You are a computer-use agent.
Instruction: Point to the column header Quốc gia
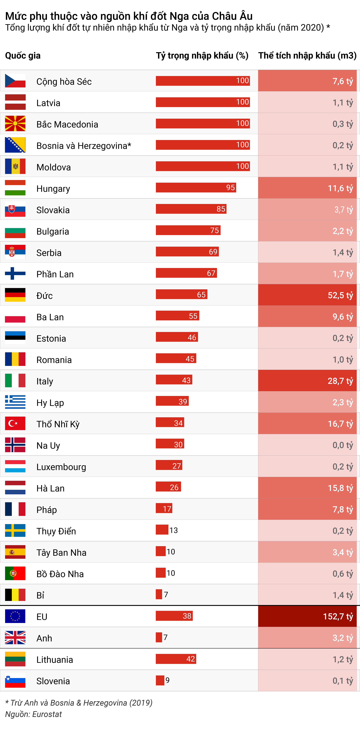point(23,56)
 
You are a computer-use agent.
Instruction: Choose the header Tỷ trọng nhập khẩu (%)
point(202,56)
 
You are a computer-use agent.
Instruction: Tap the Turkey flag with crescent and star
point(15,423)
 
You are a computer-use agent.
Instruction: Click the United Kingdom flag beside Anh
point(15,637)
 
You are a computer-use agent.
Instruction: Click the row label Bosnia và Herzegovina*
point(84,146)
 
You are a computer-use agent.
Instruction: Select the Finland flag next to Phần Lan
point(15,274)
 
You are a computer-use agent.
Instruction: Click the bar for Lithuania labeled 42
point(176,659)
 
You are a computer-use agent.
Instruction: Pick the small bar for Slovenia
point(160,680)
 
